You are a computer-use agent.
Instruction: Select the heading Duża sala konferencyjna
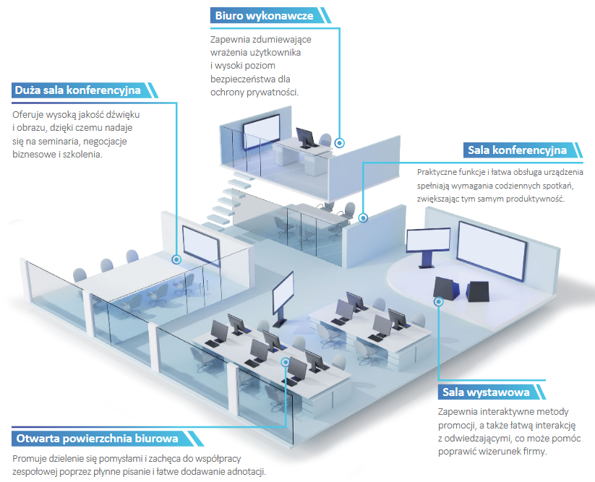point(78,91)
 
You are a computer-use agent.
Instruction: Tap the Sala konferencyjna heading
point(517,150)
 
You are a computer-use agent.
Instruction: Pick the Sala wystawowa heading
point(484,392)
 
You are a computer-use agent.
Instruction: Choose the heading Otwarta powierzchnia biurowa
point(95,439)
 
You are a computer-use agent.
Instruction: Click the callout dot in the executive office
point(339,143)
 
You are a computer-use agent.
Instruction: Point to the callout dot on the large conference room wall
point(176,258)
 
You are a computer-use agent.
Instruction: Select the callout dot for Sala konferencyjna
point(363,216)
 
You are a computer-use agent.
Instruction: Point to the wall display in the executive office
point(262,131)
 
